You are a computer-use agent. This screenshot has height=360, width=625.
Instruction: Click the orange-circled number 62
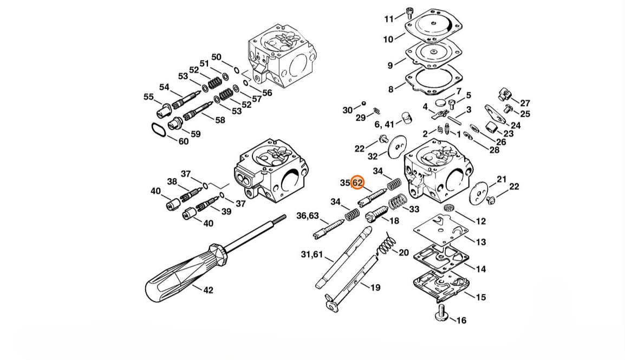[357, 183]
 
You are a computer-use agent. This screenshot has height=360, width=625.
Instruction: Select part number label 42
[208, 290]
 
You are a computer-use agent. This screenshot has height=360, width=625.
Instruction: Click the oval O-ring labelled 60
[159, 130]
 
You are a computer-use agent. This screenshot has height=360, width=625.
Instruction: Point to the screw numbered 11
[409, 13]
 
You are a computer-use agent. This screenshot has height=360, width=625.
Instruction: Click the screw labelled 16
[441, 313]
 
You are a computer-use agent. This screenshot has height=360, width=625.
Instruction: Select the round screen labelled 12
[449, 207]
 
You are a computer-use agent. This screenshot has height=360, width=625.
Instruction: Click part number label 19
[375, 287]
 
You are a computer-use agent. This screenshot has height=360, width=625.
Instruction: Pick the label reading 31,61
[312, 254]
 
